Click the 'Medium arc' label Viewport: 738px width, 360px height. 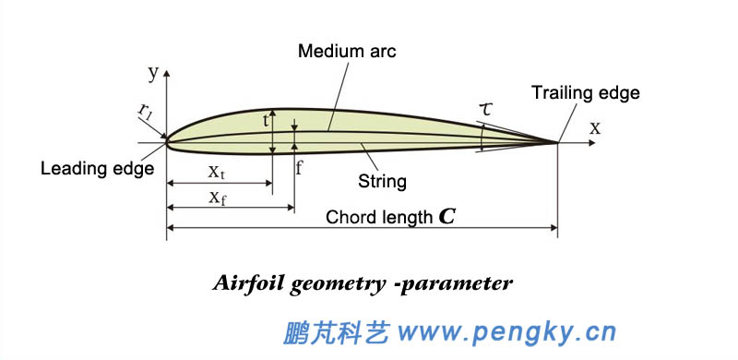click(346, 51)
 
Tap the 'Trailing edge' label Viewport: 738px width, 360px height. click(585, 92)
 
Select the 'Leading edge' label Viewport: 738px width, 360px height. click(97, 169)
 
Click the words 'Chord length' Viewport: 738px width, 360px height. click(378, 218)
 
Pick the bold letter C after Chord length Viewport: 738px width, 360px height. click(446, 218)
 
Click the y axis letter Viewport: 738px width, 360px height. click(152, 71)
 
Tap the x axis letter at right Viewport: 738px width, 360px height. click(595, 128)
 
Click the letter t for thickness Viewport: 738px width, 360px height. click(266, 120)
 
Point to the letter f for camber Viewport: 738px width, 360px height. click(299, 168)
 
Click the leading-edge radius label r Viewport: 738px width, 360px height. click(145, 113)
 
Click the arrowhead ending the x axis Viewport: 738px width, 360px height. click(587, 142)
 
